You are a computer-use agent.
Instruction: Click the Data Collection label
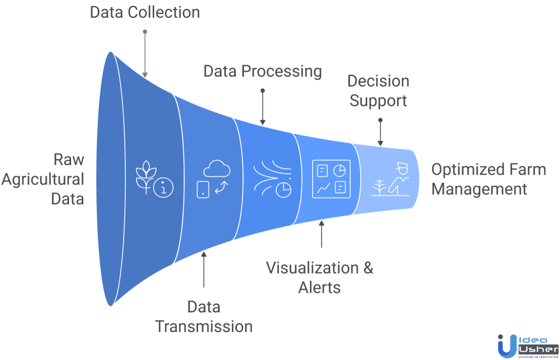click(145, 12)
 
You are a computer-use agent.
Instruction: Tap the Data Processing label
click(262, 72)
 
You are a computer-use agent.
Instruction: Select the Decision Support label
click(378, 91)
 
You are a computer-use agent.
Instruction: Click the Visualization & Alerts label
click(319, 277)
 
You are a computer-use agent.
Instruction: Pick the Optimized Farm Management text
click(488, 179)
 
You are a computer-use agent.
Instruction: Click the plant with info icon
click(153, 178)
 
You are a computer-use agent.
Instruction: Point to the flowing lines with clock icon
click(272, 178)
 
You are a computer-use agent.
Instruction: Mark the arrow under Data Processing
click(262, 107)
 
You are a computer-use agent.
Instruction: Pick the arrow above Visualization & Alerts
click(321, 234)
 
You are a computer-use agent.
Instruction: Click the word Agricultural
click(43, 179)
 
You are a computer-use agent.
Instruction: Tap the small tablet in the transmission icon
click(202, 189)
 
